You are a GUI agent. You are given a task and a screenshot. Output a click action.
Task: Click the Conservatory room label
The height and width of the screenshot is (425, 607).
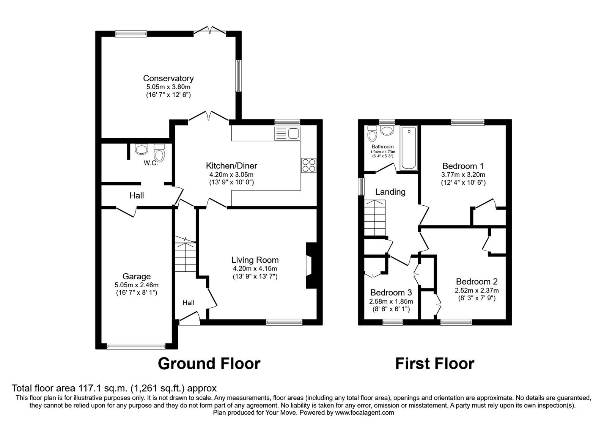pyautogui.click(x=168, y=78)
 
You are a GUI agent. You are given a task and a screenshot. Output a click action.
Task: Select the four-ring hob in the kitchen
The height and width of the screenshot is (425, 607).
pyautogui.click(x=308, y=165)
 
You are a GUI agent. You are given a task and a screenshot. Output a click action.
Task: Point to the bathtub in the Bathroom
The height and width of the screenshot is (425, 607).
pyautogui.click(x=409, y=149)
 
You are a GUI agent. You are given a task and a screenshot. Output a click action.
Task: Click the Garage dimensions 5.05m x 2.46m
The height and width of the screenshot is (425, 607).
pyautogui.click(x=136, y=285)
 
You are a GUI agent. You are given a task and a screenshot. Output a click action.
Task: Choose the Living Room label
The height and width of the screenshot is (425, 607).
pyautogui.click(x=255, y=260)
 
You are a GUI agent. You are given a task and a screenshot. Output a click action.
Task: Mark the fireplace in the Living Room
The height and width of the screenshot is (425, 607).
pyautogui.click(x=310, y=267)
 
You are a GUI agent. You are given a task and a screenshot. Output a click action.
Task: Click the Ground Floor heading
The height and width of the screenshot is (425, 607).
pyautogui.click(x=209, y=363)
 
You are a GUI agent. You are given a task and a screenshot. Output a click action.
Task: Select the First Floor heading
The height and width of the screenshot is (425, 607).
pyautogui.click(x=434, y=364)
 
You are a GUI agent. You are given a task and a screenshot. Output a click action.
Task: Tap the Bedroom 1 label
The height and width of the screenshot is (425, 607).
pyautogui.click(x=463, y=166)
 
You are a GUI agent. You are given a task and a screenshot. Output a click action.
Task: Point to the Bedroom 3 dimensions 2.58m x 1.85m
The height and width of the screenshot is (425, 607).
pyautogui.click(x=391, y=301)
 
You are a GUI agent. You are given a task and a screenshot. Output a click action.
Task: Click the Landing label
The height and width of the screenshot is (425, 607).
pyautogui.click(x=390, y=192)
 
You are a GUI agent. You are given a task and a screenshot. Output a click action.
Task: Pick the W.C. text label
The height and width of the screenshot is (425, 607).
pyautogui.click(x=151, y=163)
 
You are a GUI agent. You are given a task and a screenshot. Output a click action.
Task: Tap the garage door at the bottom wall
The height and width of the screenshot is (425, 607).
pyautogui.click(x=136, y=346)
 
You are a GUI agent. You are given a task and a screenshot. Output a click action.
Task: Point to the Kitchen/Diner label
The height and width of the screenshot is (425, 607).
pyautogui.click(x=231, y=166)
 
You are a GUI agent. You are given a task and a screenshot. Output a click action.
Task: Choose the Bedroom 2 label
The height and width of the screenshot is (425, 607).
pyautogui.click(x=476, y=282)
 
